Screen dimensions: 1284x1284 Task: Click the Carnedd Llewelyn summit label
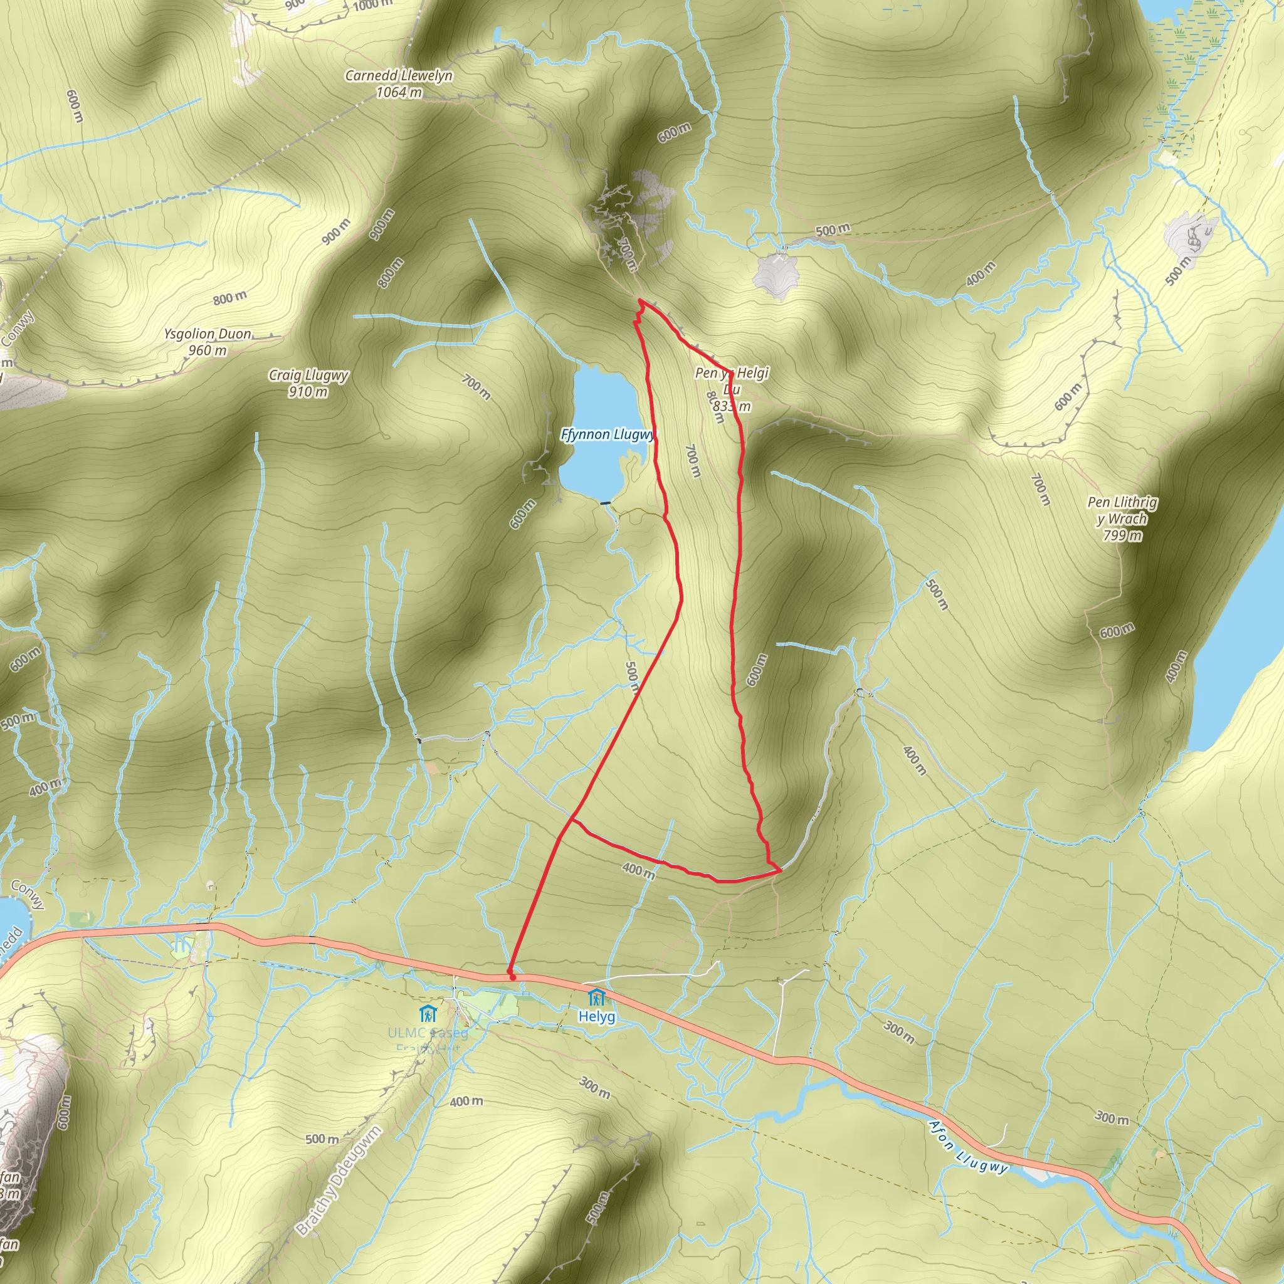398,76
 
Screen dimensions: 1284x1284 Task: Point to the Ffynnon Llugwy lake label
607,434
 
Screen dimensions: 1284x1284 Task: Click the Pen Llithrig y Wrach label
1122,510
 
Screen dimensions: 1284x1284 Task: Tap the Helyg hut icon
596,997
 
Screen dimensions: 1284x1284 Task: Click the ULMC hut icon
428,1014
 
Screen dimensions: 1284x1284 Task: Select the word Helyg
596,1017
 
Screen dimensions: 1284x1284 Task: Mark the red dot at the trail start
512,977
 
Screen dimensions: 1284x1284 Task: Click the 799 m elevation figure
1122,535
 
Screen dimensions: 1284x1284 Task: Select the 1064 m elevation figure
399,92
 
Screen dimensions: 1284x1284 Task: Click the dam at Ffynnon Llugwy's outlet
605,503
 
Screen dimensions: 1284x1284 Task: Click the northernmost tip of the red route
641,300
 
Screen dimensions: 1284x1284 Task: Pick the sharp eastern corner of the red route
780,868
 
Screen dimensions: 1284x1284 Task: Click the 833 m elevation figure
732,406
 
